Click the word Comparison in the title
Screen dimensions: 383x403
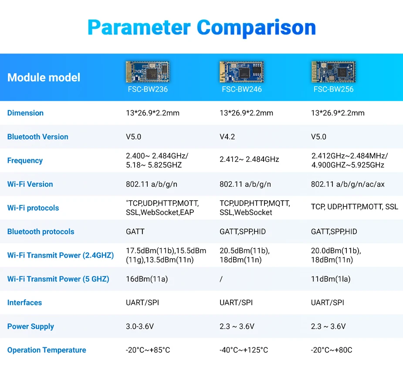click(x=256, y=27)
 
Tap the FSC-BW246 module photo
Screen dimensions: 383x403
click(x=241, y=71)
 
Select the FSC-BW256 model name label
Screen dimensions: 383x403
click(x=333, y=89)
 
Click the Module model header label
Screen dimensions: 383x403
click(x=44, y=77)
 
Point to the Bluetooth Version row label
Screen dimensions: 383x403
click(x=38, y=137)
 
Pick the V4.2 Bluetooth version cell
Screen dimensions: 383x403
click(x=227, y=137)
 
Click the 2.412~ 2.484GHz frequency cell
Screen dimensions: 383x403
click(x=249, y=160)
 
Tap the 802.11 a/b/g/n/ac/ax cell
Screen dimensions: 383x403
click(x=348, y=184)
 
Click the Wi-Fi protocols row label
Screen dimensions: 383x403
click(x=33, y=208)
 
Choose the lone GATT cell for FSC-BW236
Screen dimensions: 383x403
click(x=135, y=232)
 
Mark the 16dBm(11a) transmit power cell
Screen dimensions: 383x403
click(x=147, y=279)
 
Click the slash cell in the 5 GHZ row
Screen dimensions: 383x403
click(x=221, y=279)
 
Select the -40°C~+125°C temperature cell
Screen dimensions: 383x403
click(x=244, y=350)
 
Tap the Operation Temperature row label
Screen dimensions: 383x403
click(x=47, y=350)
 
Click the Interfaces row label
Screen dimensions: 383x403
click(x=25, y=302)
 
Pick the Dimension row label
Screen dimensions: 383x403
click(x=25, y=113)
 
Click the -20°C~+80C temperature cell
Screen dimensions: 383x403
click(x=332, y=350)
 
